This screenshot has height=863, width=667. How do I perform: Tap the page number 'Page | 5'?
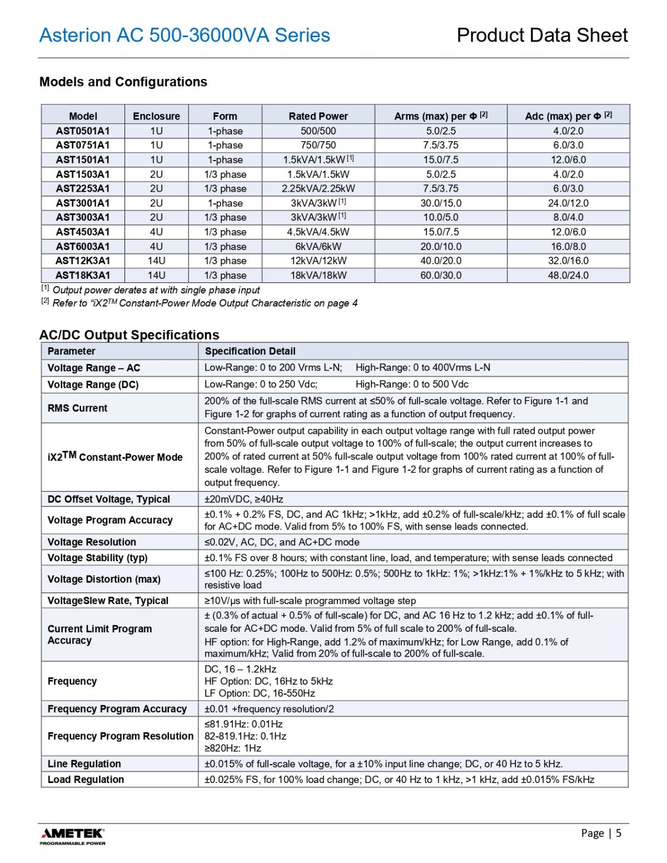[601, 833]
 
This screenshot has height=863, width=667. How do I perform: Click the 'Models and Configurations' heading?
[123, 82]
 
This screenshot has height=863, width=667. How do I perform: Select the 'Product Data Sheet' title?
[542, 35]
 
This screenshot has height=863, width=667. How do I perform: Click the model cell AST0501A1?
[83, 131]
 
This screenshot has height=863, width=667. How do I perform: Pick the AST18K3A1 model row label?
[83, 275]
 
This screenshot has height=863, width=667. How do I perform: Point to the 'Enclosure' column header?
[156, 116]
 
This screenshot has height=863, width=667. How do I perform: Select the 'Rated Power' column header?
[318, 116]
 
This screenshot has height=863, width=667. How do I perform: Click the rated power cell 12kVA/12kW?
[318, 261]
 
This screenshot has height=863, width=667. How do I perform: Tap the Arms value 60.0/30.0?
[441, 275]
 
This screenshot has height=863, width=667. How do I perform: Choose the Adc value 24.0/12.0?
[568, 203]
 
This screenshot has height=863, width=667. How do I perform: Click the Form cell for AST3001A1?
[225, 203]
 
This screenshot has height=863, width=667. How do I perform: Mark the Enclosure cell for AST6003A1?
[156, 246]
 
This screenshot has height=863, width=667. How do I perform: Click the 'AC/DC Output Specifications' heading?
[129, 335]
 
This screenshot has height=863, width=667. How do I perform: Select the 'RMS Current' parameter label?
[77, 408]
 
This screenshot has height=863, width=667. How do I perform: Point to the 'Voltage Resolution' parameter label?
[92, 542]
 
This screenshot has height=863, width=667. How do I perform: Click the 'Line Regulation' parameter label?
[84, 764]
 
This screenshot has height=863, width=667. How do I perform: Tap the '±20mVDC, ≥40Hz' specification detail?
[243, 499]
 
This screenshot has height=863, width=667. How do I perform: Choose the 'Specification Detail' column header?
[250, 351]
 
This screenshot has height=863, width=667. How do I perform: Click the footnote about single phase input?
[156, 290]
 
